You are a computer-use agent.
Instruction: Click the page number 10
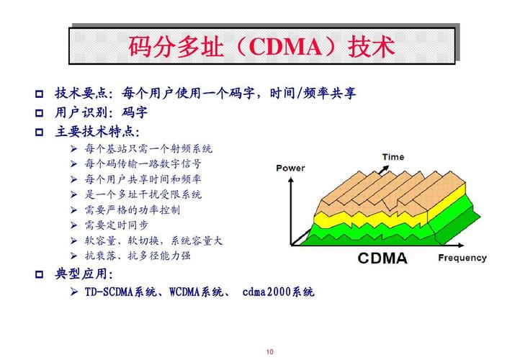[269, 351]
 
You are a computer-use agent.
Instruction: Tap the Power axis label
[290, 168]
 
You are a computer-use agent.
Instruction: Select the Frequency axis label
[462, 257]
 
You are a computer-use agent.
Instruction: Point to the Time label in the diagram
[393, 157]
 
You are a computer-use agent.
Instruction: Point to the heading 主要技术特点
[97, 132]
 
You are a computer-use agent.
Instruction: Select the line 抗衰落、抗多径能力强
[137, 255]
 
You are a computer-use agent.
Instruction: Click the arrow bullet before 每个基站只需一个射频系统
[73, 149]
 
